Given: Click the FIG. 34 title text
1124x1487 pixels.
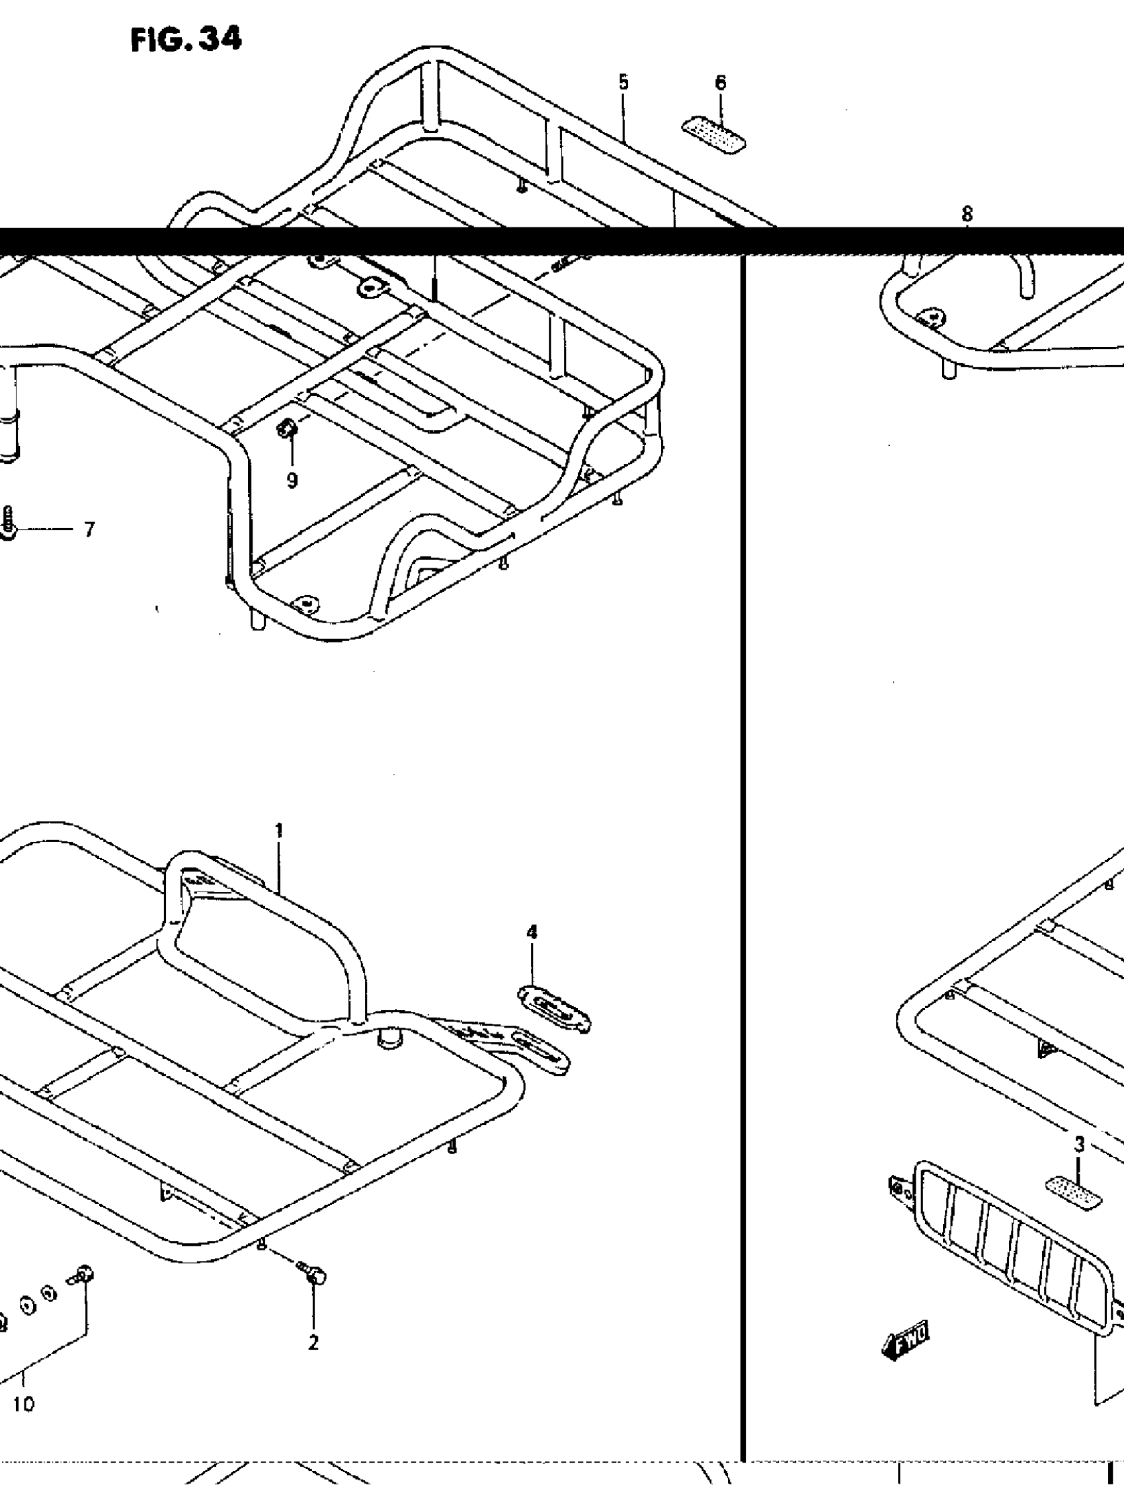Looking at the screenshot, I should tap(186, 41).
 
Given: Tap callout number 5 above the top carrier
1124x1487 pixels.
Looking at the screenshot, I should tap(623, 83).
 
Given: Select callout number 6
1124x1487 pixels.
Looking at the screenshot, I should tap(721, 83).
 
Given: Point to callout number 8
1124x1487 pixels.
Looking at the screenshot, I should tap(967, 214).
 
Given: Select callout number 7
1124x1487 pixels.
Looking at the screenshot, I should tap(89, 530).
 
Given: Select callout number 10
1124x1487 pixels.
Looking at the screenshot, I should tap(24, 1385).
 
